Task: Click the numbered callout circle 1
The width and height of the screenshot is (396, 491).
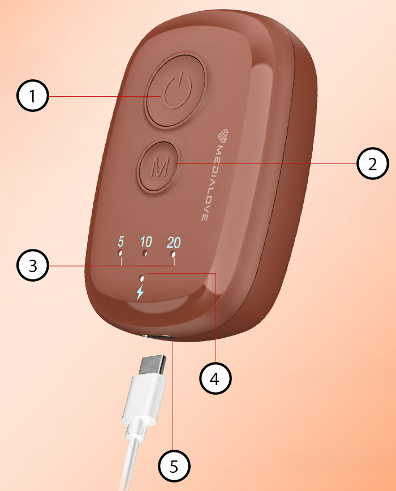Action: (33, 96)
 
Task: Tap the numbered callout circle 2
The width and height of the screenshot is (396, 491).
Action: (372, 163)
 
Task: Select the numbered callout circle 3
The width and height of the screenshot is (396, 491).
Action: (33, 265)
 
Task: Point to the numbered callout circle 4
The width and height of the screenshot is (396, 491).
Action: (216, 378)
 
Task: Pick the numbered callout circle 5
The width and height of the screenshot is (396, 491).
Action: (174, 466)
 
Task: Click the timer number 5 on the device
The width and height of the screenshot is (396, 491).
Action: (121, 242)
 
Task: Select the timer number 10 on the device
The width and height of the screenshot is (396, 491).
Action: (146, 242)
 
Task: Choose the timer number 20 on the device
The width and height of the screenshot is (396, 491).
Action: (174, 242)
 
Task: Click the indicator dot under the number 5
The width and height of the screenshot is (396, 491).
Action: (120, 252)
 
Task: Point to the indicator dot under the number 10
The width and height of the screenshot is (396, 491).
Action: (145, 253)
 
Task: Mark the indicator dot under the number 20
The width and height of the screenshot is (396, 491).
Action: (173, 254)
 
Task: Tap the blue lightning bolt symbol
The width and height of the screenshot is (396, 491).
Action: (140, 292)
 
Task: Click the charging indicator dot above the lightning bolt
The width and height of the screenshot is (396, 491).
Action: (142, 277)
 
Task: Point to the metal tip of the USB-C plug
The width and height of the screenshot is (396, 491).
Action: (153, 365)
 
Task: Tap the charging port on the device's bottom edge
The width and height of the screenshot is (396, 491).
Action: (159, 337)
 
